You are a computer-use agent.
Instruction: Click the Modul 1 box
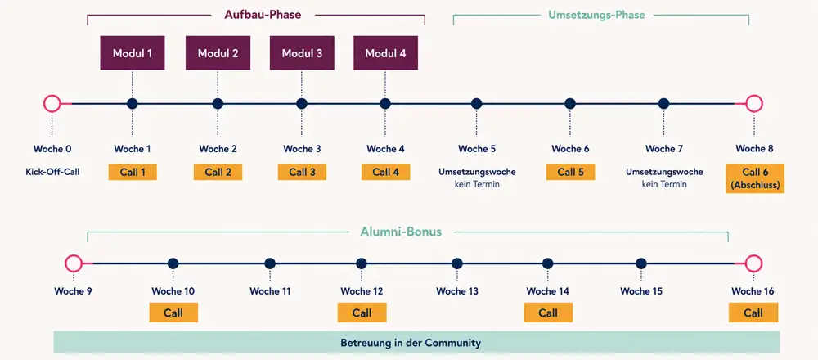pyautogui.click(x=132, y=52)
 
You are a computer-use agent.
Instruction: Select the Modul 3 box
pyautogui.click(x=302, y=52)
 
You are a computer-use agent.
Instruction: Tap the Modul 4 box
pyautogui.click(x=385, y=52)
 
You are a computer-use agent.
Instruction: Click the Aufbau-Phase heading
pyautogui.click(x=263, y=15)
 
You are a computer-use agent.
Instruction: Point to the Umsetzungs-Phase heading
pyautogui.click(x=596, y=15)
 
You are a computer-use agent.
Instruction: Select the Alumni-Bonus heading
pyautogui.click(x=401, y=231)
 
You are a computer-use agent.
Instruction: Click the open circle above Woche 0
pyautogui.click(x=52, y=103)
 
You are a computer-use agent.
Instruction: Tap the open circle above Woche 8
pyautogui.click(x=754, y=103)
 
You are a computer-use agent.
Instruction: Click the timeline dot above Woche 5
pyautogui.click(x=476, y=103)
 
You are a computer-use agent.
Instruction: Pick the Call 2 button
pyautogui.click(x=218, y=172)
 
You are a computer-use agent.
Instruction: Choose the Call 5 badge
pyautogui.click(x=570, y=172)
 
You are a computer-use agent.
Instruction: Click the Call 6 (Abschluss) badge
pyautogui.click(x=755, y=178)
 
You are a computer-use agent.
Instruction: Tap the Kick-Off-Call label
pyautogui.click(x=52, y=171)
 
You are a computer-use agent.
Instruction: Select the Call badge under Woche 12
pyautogui.click(x=362, y=313)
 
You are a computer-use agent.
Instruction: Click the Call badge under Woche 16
pyautogui.click(x=753, y=313)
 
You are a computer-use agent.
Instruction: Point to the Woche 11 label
pyautogui.click(x=270, y=291)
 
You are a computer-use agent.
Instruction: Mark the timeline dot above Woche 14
pyautogui.click(x=547, y=263)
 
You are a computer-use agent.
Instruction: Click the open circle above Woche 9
pyautogui.click(x=74, y=263)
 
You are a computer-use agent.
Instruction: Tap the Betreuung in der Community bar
pyautogui.click(x=416, y=343)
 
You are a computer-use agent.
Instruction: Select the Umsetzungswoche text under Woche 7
pyautogui.click(x=664, y=172)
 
